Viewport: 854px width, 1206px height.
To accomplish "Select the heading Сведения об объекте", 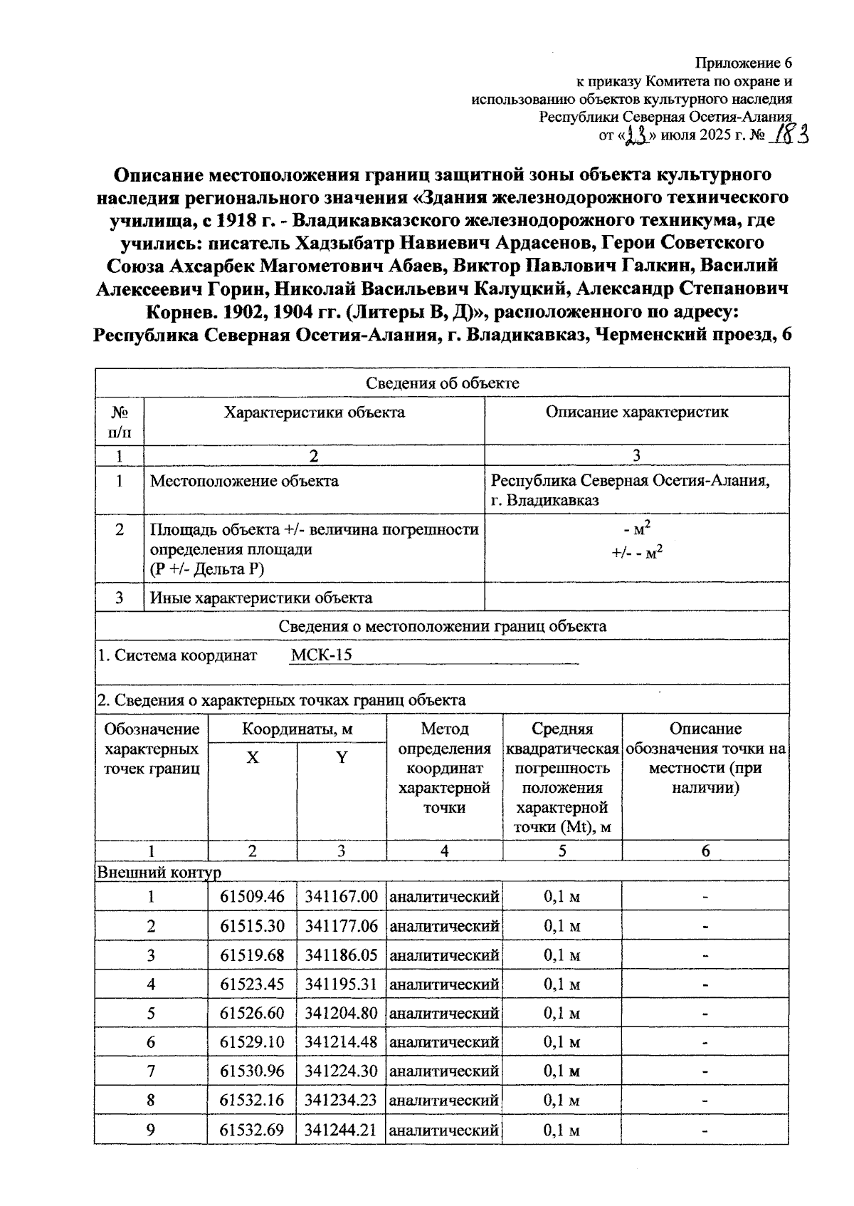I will click(442, 383).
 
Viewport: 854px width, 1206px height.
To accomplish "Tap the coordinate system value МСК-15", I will click(322, 655).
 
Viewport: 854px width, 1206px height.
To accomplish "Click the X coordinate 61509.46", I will click(252, 896).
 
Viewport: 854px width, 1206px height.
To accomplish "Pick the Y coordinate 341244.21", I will click(341, 1130).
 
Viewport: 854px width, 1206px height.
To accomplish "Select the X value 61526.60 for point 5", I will click(252, 1013).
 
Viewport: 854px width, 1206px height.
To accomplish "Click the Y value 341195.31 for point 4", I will click(341, 984).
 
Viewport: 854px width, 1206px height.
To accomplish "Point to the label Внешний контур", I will click(159, 872).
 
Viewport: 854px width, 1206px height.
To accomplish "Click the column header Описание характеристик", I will click(636, 412).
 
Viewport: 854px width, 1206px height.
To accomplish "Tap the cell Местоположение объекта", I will click(244, 481).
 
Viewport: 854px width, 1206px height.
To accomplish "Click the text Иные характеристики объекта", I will click(260, 598).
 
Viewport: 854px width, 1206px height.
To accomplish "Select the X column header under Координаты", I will click(252, 757).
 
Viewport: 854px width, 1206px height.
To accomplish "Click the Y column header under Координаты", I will click(342, 757).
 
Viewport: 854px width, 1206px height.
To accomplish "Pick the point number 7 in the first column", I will click(151, 1071).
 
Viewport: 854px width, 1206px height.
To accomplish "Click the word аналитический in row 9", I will click(444, 1130).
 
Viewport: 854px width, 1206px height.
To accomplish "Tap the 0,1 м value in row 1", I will click(562, 896).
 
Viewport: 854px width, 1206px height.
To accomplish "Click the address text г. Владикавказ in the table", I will click(544, 500).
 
